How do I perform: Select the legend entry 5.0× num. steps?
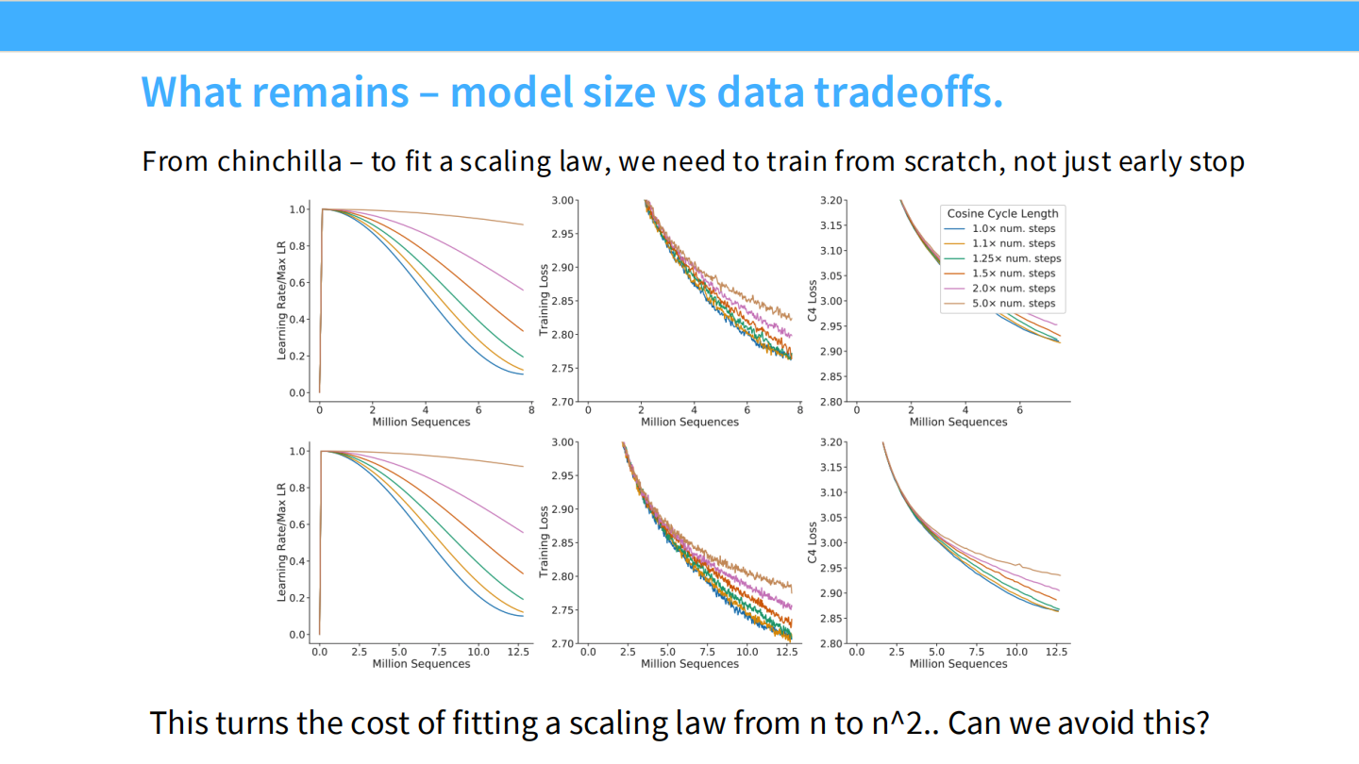[1014, 304]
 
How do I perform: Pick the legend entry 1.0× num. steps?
[1014, 228]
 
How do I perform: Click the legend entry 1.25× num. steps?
[1016, 258]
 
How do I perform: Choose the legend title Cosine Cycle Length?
[1002, 213]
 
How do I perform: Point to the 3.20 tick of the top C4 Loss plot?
[831, 201]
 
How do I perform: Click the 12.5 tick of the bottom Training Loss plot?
[786, 652]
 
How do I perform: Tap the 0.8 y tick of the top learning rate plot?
[298, 246]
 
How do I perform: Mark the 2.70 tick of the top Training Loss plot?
[561, 402]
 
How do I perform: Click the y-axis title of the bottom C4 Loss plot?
[813, 543]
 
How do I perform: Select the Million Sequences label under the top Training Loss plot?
[690, 422]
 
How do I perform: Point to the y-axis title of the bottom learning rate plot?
[281, 542]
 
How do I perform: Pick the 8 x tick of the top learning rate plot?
[531, 410]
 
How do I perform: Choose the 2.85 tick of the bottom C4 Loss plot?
[831, 618]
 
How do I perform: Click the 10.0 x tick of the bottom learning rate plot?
[478, 652]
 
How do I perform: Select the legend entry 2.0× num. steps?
[1014, 289]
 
